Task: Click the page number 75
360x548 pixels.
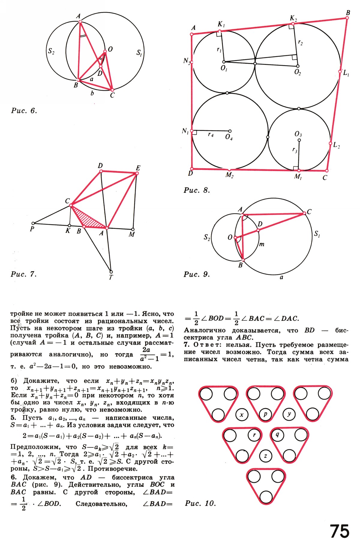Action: [x=340, y=531]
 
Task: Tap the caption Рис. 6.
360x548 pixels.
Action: [x=24, y=111]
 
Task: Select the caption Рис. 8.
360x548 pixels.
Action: [x=196, y=190]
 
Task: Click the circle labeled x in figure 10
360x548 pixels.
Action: [x=242, y=415]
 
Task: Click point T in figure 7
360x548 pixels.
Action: [x=111, y=272]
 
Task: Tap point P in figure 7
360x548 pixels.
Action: [x=33, y=223]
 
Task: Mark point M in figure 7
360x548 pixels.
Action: [x=133, y=229]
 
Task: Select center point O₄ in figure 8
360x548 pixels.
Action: [x=230, y=131]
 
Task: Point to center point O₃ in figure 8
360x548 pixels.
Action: [x=299, y=140]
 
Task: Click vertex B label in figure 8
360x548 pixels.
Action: [x=348, y=13]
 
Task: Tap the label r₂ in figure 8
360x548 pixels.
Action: [x=300, y=43]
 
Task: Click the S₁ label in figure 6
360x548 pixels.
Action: [x=139, y=53]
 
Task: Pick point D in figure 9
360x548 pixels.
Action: [x=258, y=230]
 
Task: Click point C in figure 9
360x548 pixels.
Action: [x=304, y=213]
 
